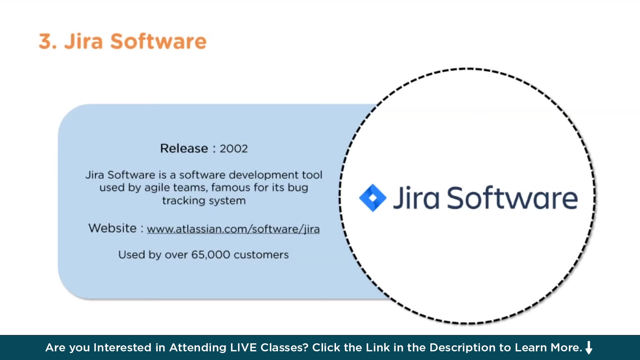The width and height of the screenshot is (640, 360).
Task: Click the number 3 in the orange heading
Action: pos(45,41)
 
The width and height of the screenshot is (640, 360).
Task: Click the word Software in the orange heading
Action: pos(158,41)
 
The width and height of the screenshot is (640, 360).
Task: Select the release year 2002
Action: pos(234,149)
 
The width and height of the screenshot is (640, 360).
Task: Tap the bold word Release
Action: pos(184,148)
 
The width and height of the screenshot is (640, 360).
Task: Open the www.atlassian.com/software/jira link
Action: pos(233,229)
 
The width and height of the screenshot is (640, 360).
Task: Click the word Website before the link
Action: pos(113,228)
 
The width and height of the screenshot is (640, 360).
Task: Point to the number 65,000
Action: pos(211,255)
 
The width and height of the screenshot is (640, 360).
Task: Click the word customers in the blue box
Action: pos(261,255)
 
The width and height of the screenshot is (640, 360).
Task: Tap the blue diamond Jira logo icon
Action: pos(373,198)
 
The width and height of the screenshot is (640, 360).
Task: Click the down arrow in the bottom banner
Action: pos(589,347)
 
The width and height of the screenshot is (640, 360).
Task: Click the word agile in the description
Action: pos(155,188)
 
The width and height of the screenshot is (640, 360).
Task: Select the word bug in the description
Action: pos(298,188)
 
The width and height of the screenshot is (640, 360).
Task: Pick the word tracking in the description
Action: pos(184,201)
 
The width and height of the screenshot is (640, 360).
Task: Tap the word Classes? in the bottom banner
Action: pos(284,348)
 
